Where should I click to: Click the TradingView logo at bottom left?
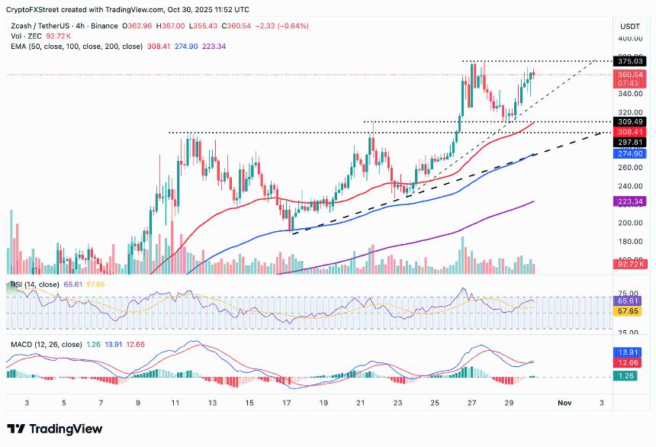[x=55, y=429]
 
